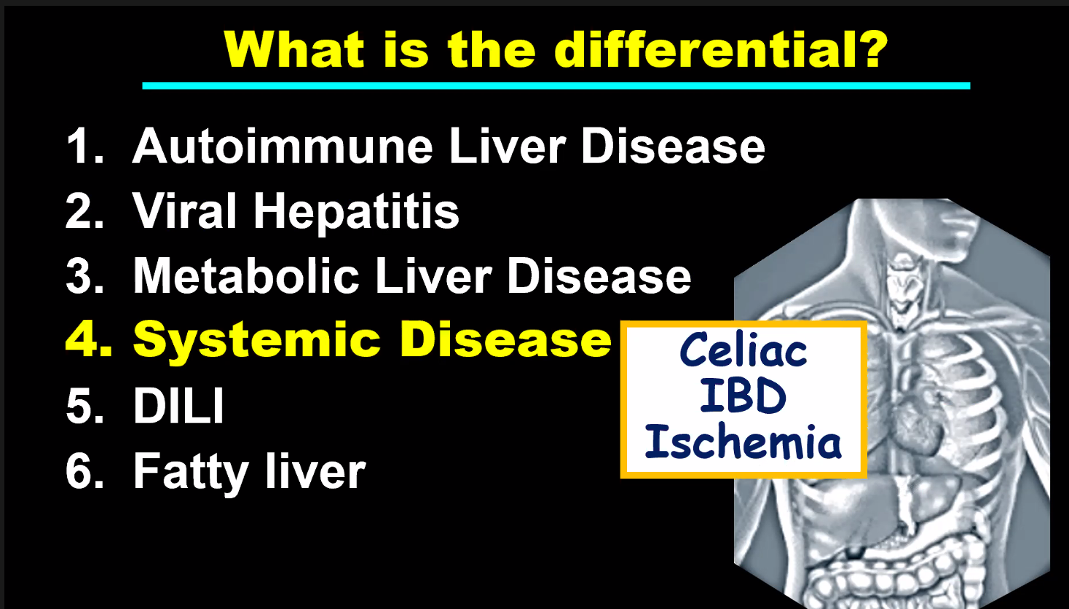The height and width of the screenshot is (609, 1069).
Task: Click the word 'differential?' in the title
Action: pos(721,50)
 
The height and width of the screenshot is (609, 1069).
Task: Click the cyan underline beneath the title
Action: pos(556,86)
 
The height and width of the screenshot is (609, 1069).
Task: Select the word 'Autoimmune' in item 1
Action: pos(283,146)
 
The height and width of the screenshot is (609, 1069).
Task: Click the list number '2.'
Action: pos(84,211)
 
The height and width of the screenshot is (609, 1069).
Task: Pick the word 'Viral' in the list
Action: pos(184,211)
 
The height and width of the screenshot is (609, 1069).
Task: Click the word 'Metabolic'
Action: pos(246,276)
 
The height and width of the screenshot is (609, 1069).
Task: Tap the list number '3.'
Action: pos(84,276)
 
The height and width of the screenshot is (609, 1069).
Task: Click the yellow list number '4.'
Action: pos(88,339)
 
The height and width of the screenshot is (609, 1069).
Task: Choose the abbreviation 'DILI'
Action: pos(178,406)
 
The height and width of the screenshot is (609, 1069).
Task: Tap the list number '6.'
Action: pos(84,471)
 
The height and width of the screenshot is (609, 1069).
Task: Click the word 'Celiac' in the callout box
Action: pos(743,350)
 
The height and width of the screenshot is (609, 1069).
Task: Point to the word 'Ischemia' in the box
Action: pos(743,441)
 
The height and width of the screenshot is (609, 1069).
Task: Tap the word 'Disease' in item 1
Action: pos(673,146)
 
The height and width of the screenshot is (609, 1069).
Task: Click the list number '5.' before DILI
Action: pos(84,406)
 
